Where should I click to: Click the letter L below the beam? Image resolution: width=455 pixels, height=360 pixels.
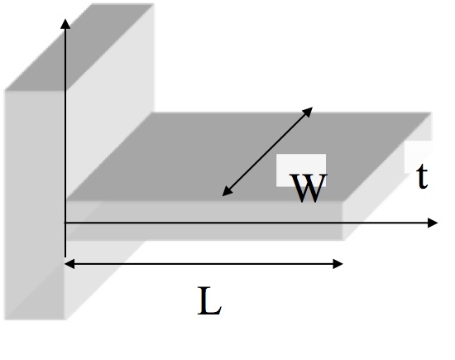(x=209, y=303)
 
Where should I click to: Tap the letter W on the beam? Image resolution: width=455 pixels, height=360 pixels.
(x=308, y=189)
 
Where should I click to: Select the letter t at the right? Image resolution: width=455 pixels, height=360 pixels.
(x=422, y=177)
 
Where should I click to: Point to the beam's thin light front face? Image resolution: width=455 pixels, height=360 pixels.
(x=207, y=212)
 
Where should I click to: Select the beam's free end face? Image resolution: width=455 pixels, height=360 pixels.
(x=385, y=194)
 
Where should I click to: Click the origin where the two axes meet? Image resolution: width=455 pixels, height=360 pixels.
(x=65, y=223)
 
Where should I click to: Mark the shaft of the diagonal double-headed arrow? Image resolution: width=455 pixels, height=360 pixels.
(x=266, y=152)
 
